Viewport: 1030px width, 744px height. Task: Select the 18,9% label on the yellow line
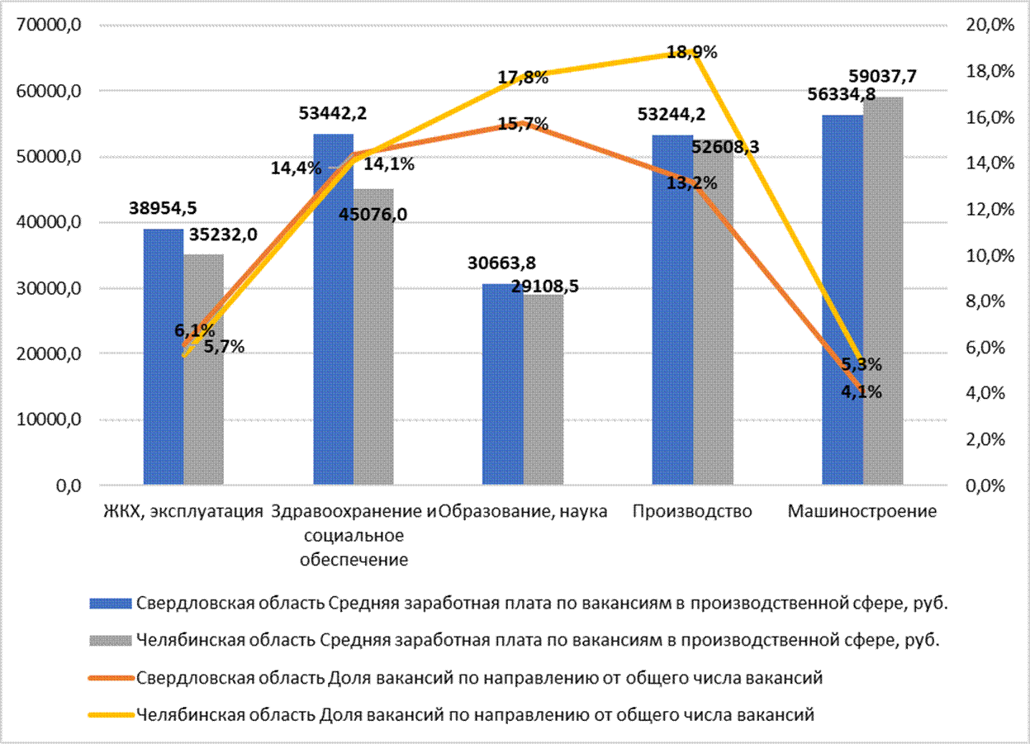tap(691, 52)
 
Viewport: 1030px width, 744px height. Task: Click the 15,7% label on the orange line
tap(524, 125)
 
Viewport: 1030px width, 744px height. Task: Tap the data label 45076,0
tap(373, 215)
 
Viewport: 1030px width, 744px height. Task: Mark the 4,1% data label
tap(861, 392)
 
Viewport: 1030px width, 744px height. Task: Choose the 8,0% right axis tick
tap(985, 301)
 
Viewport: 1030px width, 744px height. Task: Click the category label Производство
tap(692, 511)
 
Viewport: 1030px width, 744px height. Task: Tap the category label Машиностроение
tap(862, 511)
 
